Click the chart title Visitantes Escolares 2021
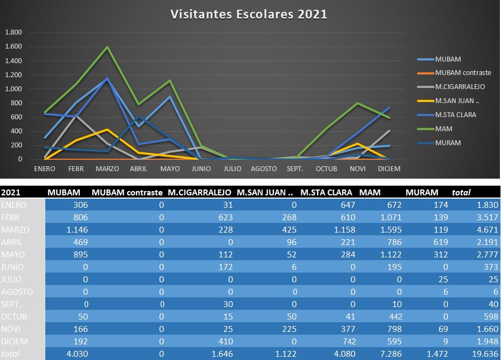pos(249,14)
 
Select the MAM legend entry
pos(443,129)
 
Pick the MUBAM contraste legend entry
pos(462,73)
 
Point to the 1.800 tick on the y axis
pos(13,32)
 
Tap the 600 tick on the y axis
pos(16,117)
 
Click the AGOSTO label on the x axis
pos(264,169)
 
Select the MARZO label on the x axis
pos(107,169)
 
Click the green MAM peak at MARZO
pos(107,47)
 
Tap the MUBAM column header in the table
pos(64,192)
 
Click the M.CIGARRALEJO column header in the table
pos(200,192)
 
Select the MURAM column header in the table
pos(422,192)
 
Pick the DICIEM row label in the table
pos(15,341)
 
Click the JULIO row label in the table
pos(12,279)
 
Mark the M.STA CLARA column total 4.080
pos(344,354)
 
